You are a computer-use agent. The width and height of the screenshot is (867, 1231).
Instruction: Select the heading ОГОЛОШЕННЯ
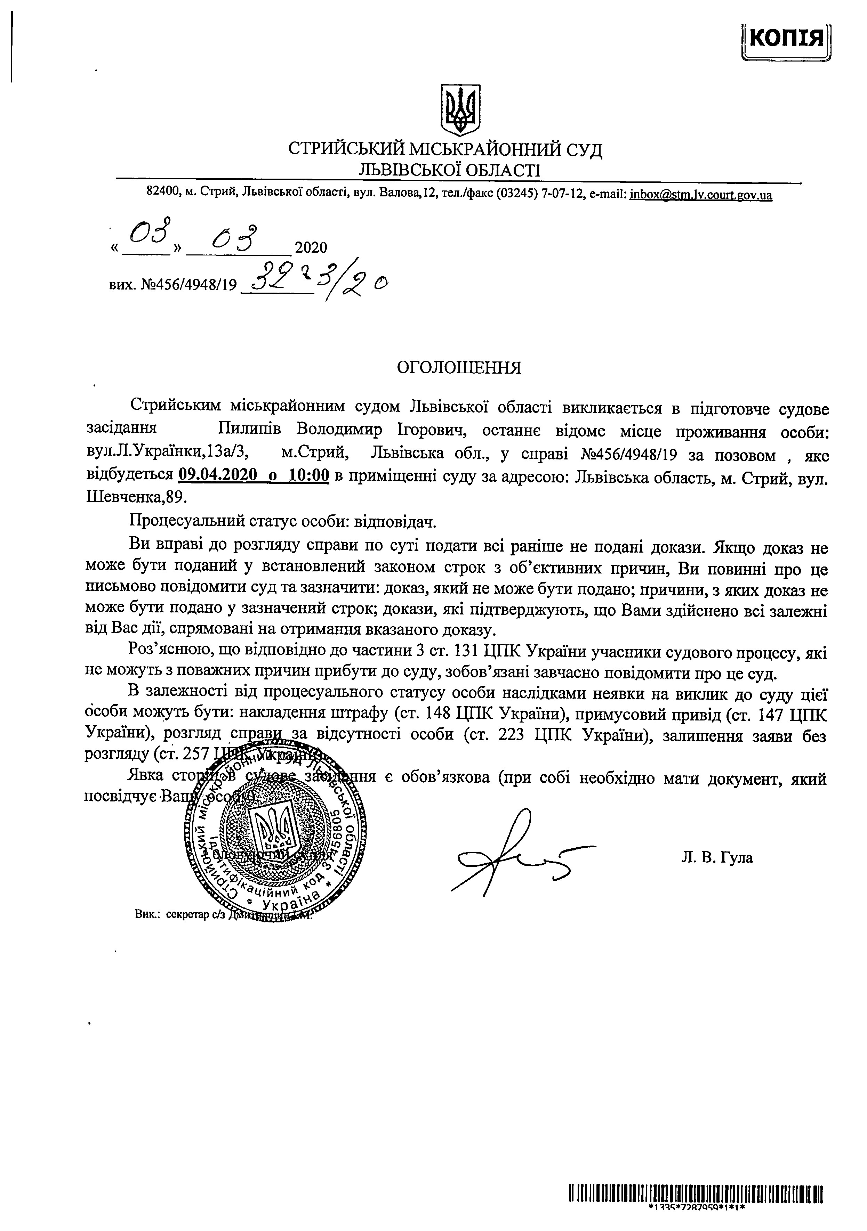coord(459,367)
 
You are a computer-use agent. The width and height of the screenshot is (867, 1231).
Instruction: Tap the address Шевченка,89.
coord(136,497)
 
